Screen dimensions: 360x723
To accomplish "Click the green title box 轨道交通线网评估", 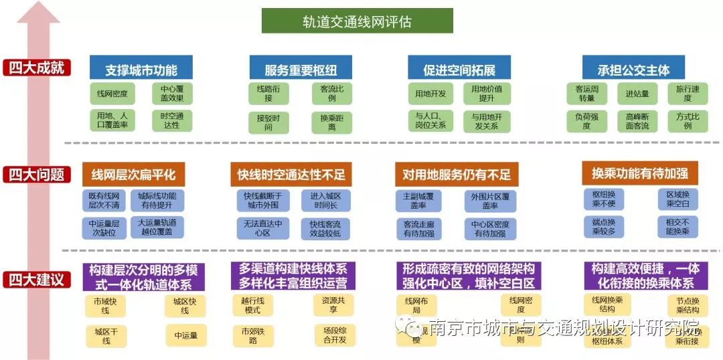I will click(357, 21).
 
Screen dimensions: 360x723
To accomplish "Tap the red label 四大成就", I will click(36, 68).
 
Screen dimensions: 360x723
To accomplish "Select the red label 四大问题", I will click(36, 175).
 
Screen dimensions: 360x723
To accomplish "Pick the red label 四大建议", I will click(36, 279).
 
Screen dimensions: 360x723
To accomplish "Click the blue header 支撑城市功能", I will click(141, 68).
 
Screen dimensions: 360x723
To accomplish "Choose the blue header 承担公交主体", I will click(633, 68).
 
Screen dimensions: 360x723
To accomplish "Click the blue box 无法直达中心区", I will click(262, 228).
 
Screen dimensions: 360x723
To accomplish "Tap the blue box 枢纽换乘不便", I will click(604, 199).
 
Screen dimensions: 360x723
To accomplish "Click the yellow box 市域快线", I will click(106, 306).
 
